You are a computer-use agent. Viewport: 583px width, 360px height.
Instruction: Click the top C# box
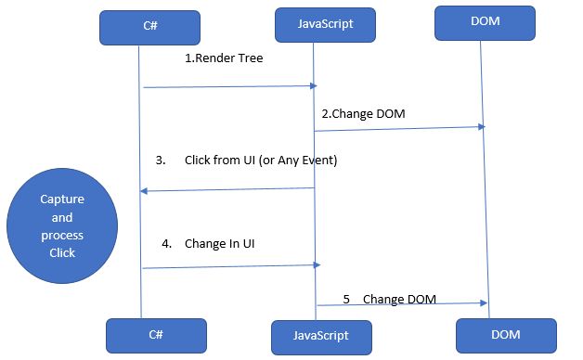click(149, 27)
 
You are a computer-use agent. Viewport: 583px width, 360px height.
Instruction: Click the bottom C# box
click(153, 335)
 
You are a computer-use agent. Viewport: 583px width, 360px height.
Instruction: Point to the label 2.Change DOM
click(363, 114)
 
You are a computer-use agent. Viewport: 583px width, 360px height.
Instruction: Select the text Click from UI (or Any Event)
click(261, 161)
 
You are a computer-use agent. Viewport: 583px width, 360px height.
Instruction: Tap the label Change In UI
click(220, 244)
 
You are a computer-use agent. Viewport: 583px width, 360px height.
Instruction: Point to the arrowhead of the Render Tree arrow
click(314, 86)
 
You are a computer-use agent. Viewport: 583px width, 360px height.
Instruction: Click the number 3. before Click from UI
click(161, 161)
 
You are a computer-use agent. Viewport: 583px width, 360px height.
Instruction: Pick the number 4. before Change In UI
click(166, 244)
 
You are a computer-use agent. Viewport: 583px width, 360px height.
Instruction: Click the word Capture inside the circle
click(62, 199)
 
